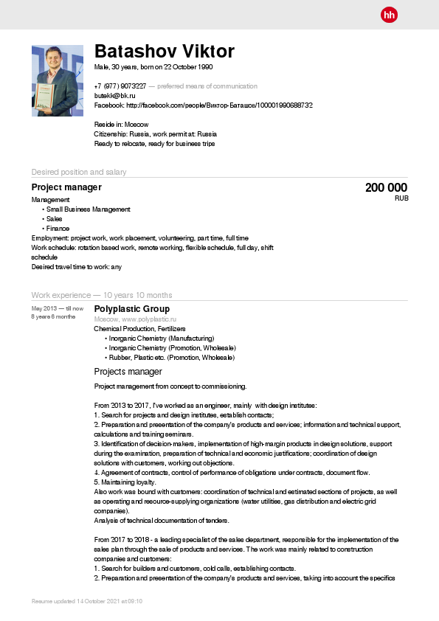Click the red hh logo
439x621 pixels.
389,15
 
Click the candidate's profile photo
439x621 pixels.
53,80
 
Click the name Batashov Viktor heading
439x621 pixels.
165,52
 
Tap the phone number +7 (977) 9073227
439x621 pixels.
120,86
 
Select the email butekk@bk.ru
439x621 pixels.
114,96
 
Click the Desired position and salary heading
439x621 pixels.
79,172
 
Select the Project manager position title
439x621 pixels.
66,187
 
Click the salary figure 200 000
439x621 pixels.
386,188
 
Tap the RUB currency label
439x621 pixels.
401,199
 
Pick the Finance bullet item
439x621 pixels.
58,229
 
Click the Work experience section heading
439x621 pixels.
102,295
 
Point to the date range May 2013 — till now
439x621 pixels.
58,308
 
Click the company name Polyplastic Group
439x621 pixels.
132,309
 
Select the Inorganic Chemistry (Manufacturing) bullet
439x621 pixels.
162,338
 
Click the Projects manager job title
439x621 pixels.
128,372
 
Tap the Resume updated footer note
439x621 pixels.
87,602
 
